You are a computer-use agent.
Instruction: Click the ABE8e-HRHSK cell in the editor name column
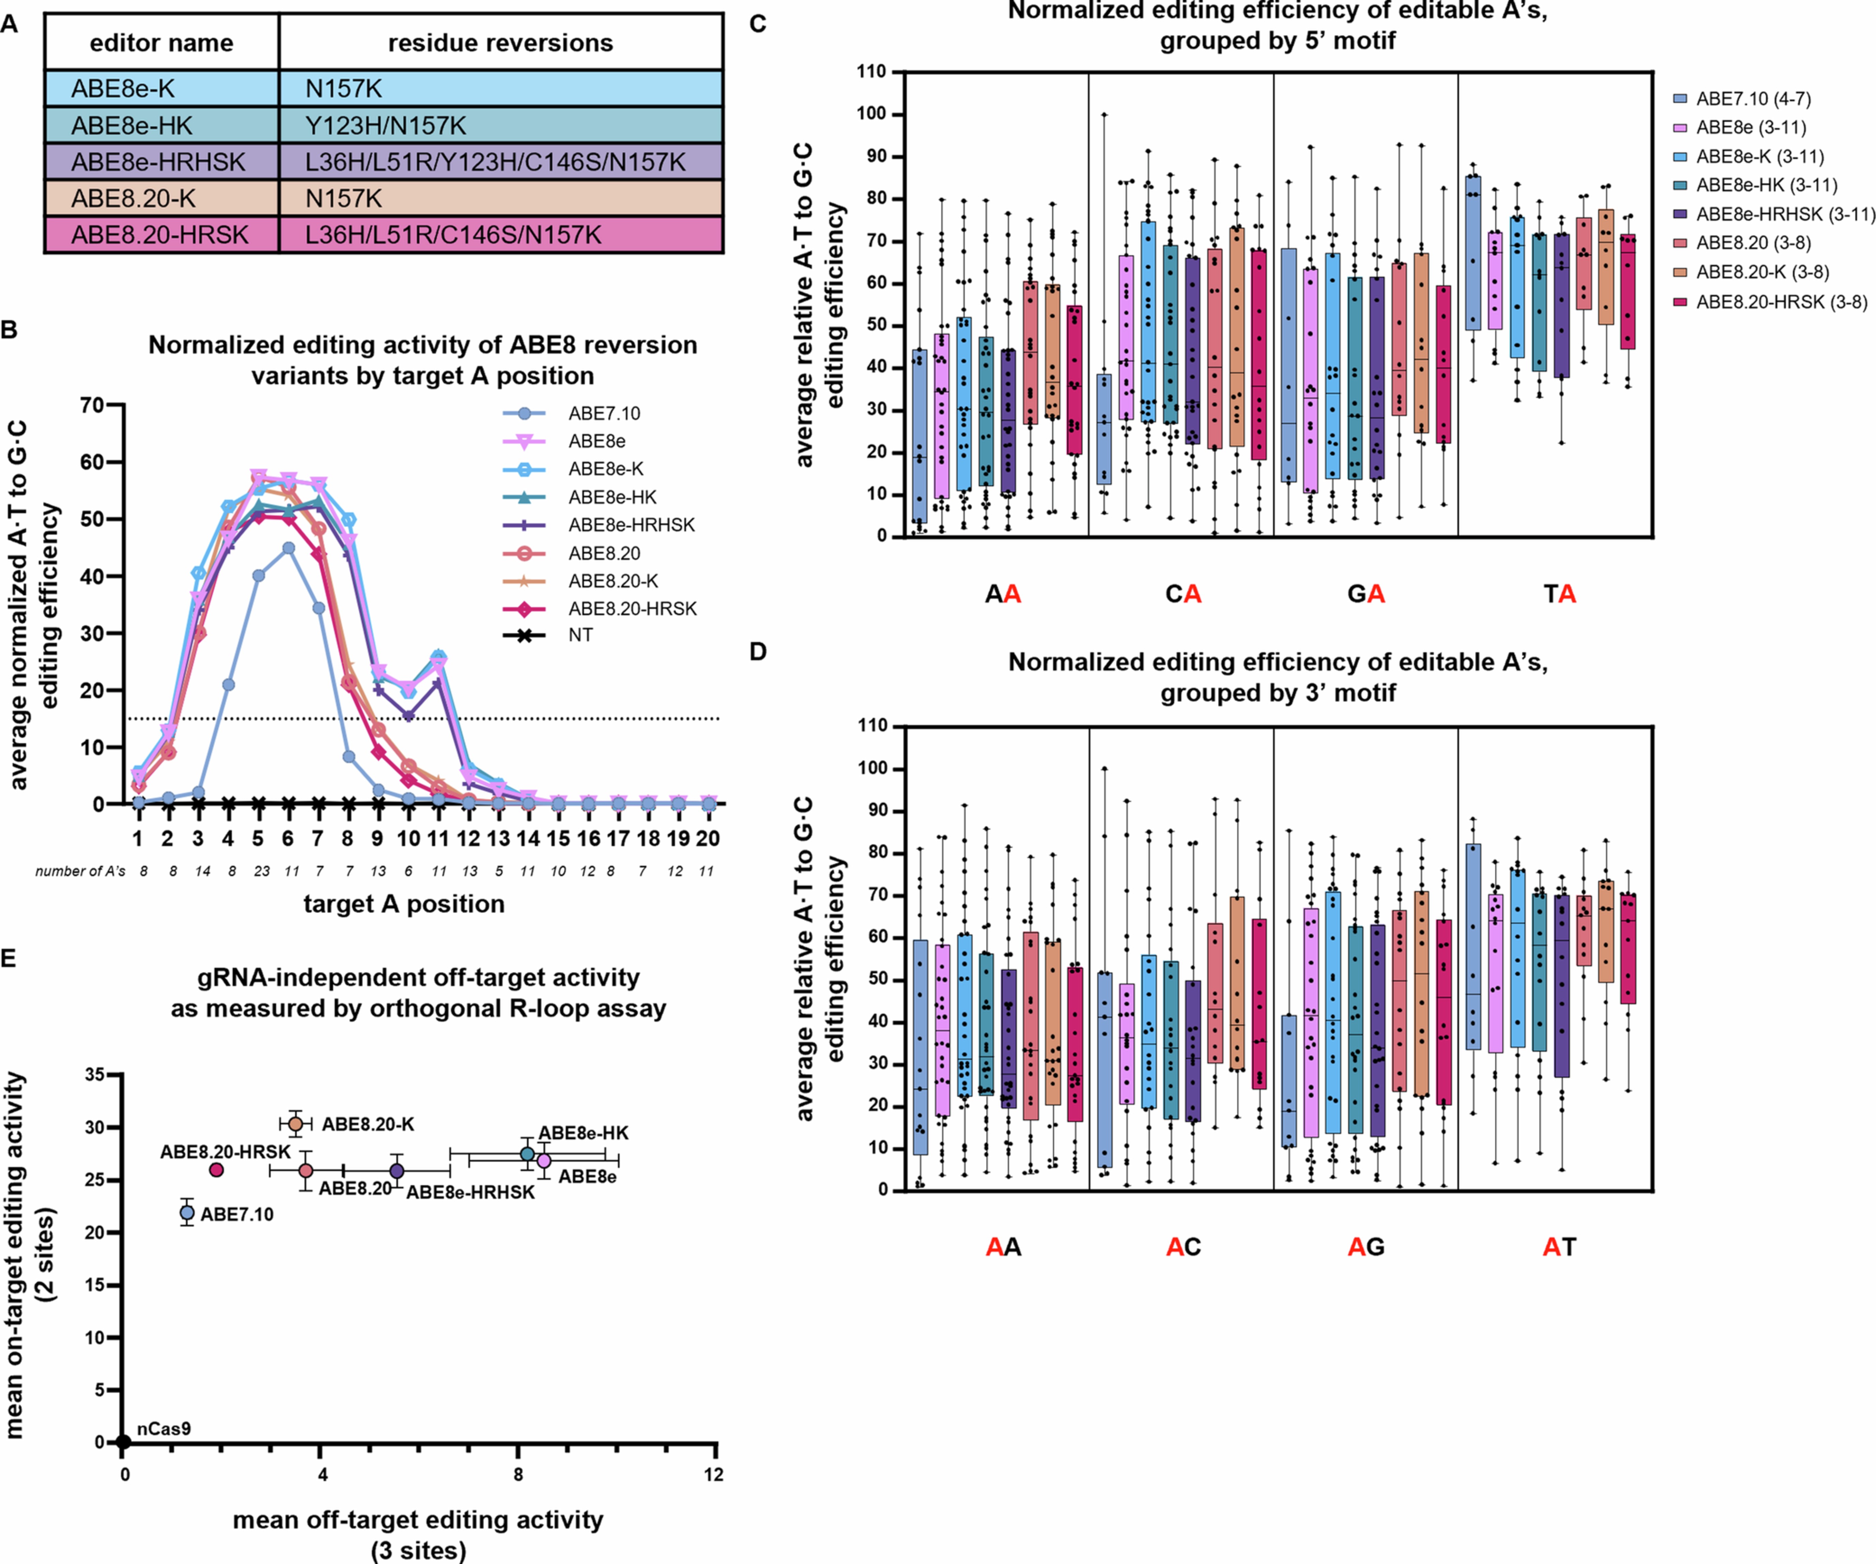[159, 162]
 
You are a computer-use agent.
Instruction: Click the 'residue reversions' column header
[500, 43]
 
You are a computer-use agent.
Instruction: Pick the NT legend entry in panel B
[581, 635]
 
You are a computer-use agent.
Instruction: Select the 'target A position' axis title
[404, 904]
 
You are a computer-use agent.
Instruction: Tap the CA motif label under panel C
[1183, 594]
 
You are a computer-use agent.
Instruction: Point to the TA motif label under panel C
[1560, 594]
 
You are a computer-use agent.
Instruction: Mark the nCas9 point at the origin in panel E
[124, 1442]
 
